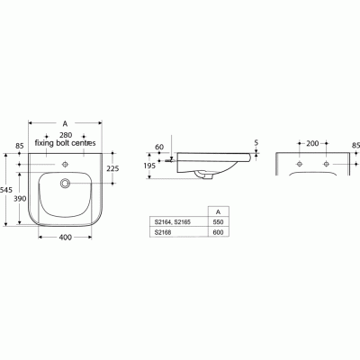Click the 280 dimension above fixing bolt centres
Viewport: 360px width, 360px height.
pyautogui.click(x=67, y=133)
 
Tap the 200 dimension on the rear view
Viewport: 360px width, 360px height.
pyautogui.click(x=312, y=142)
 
